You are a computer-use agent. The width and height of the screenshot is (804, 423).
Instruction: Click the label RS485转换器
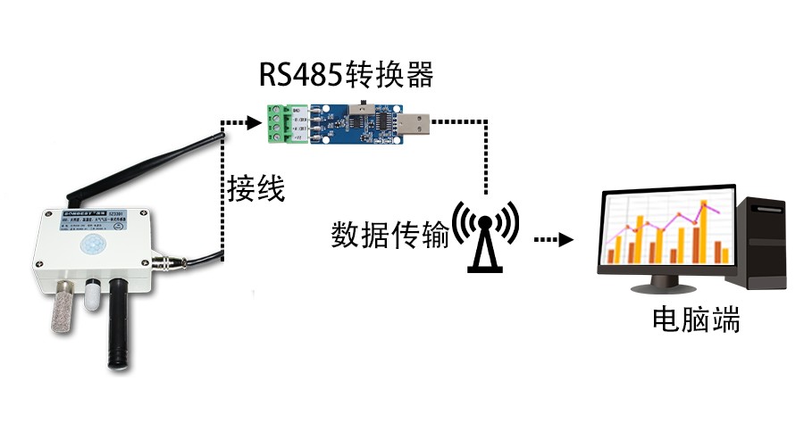pos(346,74)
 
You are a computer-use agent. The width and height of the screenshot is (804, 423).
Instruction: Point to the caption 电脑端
pos(696,319)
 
